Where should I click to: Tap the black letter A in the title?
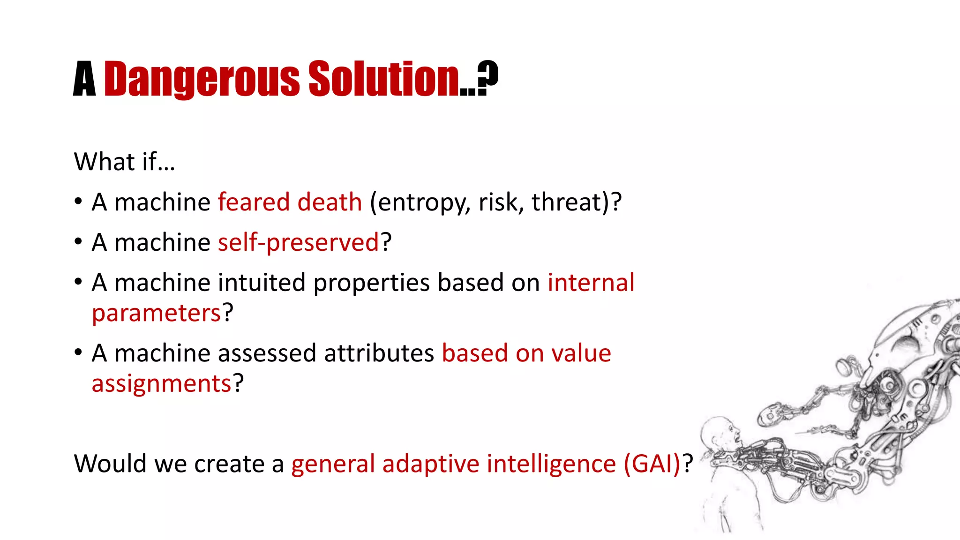(x=84, y=80)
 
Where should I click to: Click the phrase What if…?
(x=124, y=162)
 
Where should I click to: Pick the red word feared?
(x=254, y=202)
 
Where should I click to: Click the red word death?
(x=330, y=202)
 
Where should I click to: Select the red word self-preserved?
(x=298, y=243)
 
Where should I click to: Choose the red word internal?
(x=591, y=283)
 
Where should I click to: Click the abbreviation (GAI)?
(x=652, y=464)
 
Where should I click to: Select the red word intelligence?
(x=551, y=464)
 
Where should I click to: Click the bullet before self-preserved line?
(x=78, y=242)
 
